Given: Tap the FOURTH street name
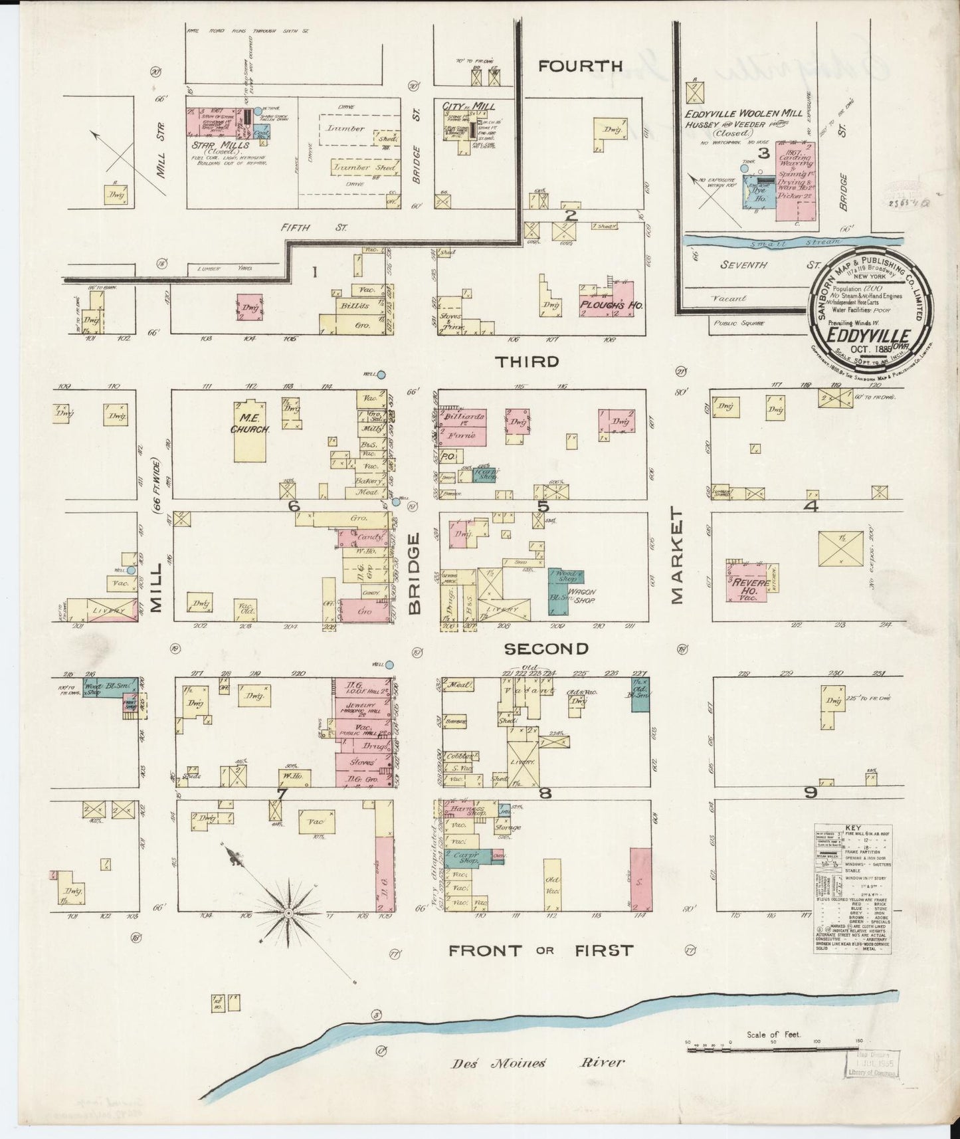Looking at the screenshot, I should [x=580, y=66].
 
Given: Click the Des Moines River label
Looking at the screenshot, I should [x=538, y=1062].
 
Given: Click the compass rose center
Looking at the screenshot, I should [x=289, y=914].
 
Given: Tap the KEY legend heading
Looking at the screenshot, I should [x=852, y=829].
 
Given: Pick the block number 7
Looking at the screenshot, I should [x=281, y=793].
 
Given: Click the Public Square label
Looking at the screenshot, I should [x=739, y=324].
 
